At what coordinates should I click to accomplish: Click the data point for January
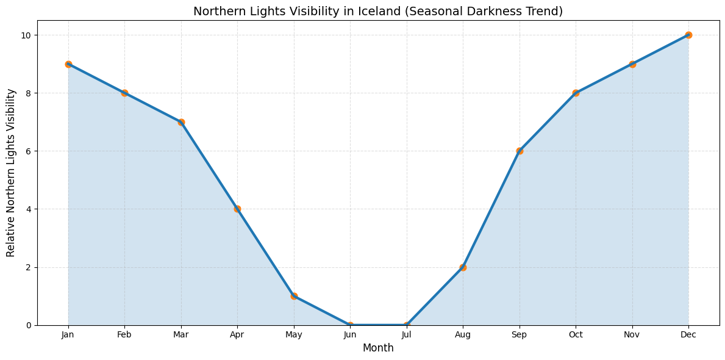coord(68,64)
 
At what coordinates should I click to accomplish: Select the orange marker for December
coord(688,35)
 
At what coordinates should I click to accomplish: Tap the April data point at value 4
coord(237,209)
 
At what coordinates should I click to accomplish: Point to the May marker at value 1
coord(294,296)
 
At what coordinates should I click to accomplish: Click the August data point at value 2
coord(463,267)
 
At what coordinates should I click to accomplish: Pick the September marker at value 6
coord(520,151)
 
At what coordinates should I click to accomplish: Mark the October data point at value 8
coord(576,93)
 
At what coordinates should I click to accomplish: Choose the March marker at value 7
coord(181,122)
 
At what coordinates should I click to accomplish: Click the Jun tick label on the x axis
coord(350,335)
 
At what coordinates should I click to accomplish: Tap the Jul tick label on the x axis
coord(407,335)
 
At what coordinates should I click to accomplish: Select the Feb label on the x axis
coord(124,335)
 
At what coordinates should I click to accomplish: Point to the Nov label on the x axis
coord(632,335)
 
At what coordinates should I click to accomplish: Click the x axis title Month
coord(378,348)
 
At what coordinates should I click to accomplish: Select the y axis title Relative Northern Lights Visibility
coord(11,173)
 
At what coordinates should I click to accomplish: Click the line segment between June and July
coord(378,325)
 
